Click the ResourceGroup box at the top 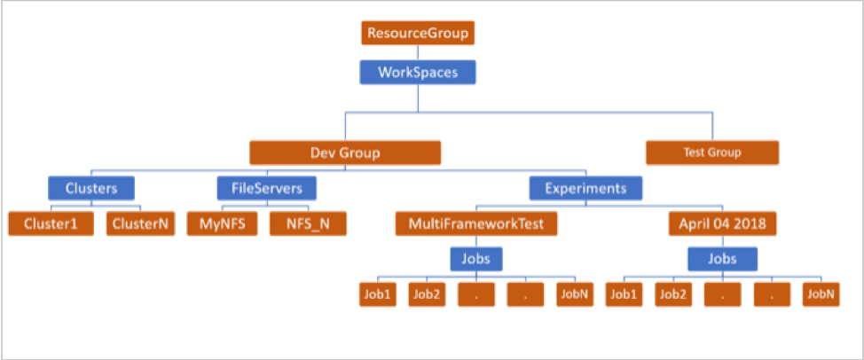click(418, 34)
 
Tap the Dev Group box click(345, 153)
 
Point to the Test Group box click(711, 153)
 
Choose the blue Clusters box click(91, 188)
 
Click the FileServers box click(266, 188)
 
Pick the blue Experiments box click(585, 188)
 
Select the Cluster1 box click(51, 223)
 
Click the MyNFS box click(222, 223)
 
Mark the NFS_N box click(307, 223)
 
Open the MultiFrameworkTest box click(476, 223)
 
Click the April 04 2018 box click(722, 223)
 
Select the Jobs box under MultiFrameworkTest click(476, 259)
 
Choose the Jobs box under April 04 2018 click(722, 259)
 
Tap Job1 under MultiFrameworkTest click(378, 294)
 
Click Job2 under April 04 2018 click(673, 294)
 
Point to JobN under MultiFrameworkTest click(574, 294)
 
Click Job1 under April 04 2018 click(624, 294)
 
